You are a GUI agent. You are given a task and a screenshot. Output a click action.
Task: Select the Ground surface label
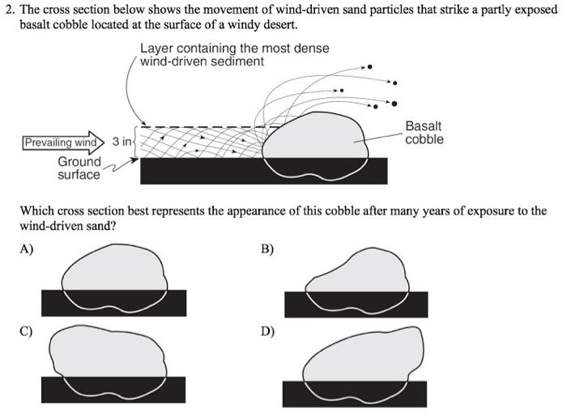click(79, 168)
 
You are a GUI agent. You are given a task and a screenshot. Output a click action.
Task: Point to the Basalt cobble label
click(424, 133)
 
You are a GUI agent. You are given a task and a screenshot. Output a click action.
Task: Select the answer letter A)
click(27, 249)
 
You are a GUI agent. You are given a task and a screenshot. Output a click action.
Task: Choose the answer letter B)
click(267, 249)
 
